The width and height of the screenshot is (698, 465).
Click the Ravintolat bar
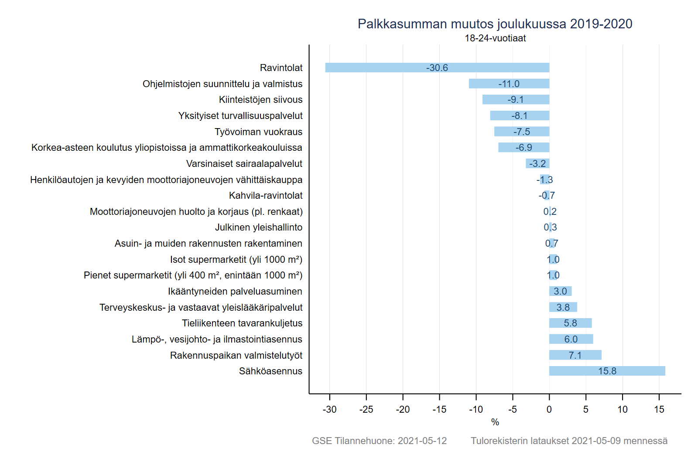point(437,68)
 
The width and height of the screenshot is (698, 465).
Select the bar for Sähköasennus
point(607,371)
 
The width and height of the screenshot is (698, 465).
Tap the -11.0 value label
point(509,84)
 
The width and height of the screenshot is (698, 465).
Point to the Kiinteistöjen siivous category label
point(260,100)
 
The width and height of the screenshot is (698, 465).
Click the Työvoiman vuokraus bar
point(522,132)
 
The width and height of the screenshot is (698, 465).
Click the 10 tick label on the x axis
point(623,409)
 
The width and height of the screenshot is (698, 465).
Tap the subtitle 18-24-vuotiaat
point(495,38)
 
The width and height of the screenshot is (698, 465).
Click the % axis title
point(495,422)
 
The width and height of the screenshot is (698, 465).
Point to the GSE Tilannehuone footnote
point(379,441)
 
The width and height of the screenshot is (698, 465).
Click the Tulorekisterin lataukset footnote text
point(569,441)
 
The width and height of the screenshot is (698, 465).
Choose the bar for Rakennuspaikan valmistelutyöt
point(575,355)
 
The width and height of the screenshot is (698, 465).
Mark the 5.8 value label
point(571,323)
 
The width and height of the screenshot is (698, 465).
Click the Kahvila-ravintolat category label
point(266,196)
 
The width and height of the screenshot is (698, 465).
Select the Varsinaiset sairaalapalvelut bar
point(537,163)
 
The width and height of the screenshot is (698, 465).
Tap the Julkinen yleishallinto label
point(259,227)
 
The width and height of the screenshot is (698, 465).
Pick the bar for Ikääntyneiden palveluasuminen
point(560,291)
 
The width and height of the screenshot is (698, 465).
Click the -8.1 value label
point(520,116)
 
